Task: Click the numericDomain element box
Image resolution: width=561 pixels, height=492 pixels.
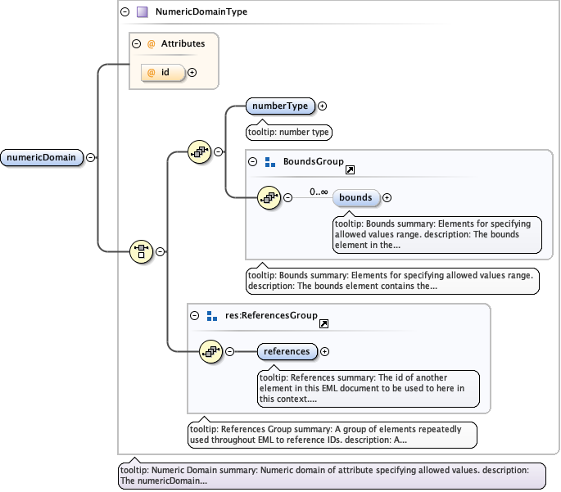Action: pyautogui.click(x=42, y=158)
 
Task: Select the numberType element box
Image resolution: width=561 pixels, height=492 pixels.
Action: pyautogui.click(x=280, y=106)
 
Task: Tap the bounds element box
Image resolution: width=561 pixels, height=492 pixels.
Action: pyautogui.click(x=355, y=197)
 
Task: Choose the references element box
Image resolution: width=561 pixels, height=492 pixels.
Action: pyautogui.click(x=286, y=351)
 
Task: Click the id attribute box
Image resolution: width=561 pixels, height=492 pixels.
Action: pyautogui.click(x=164, y=72)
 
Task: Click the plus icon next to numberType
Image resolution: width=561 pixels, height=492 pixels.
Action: pyautogui.click(x=322, y=106)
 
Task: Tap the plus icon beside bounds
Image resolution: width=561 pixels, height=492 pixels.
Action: pyautogui.click(x=387, y=197)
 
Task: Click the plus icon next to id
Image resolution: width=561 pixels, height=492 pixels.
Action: pyautogui.click(x=192, y=72)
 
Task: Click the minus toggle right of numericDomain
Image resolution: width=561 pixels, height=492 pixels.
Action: pyautogui.click(x=90, y=158)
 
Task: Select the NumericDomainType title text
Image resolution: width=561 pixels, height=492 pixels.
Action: pyautogui.click(x=201, y=12)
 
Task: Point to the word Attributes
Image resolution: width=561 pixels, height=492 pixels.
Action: pyautogui.click(x=183, y=43)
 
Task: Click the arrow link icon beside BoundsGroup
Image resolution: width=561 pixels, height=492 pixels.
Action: pyautogui.click(x=351, y=169)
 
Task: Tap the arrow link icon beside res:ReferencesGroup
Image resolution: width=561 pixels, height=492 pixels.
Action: pyautogui.click(x=324, y=324)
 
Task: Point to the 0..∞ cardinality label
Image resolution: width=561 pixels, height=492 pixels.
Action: pyautogui.click(x=319, y=192)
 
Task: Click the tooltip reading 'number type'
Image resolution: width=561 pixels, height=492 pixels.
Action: pyautogui.click(x=289, y=132)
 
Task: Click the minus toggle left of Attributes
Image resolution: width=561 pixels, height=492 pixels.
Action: pyautogui.click(x=137, y=43)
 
